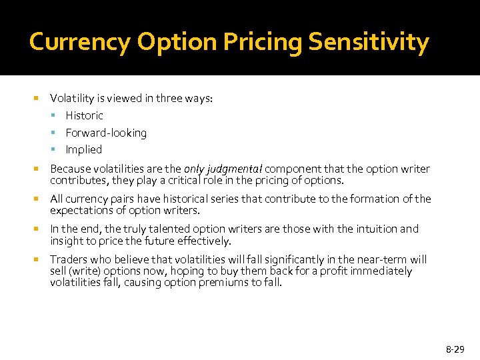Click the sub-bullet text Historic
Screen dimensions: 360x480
click(x=84, y=115)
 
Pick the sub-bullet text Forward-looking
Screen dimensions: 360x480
click(x=106, y=133)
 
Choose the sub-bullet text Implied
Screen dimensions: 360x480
click(x=84, y=149)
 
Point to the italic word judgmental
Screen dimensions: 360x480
click(x=235, y=169)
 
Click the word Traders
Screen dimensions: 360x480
click(x=68, y=259)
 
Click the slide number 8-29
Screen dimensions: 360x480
click(x=455, y=349)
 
